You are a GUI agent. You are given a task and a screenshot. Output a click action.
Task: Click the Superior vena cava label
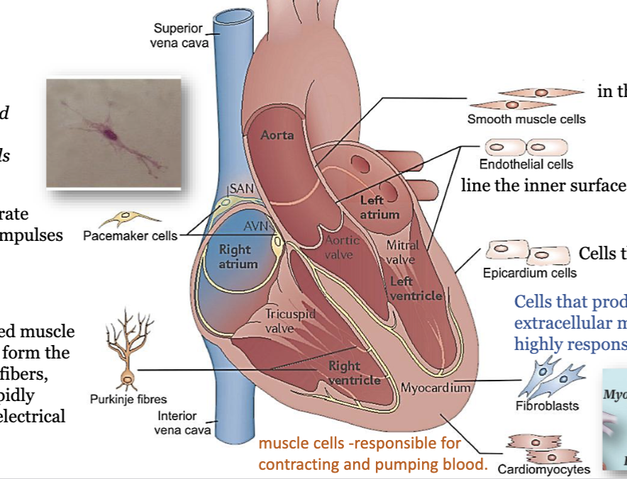point(178,35)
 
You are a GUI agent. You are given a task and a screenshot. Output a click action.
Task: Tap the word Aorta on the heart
point(277,135)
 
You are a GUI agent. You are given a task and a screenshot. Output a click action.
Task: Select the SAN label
point(239,189)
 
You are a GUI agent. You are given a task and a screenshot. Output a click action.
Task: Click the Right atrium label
point(235,257)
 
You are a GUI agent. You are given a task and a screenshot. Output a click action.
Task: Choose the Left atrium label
point(379,208)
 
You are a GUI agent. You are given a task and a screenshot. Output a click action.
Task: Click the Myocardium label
point(435,388)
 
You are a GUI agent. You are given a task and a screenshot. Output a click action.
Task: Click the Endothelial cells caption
point(526,164)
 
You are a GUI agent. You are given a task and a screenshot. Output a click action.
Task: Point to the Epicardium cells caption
point(529,273)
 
